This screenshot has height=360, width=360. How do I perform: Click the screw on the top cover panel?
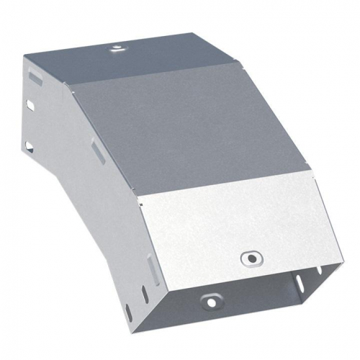pos(115,50)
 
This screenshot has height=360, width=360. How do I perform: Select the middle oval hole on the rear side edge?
pos(30,106)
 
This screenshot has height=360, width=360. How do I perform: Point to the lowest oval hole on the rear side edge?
pos(30,146)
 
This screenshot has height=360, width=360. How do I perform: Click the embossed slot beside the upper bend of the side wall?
pos(96,150)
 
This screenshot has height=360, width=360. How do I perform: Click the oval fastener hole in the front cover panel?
pos(250,256)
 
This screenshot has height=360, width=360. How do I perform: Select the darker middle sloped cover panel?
pos(180,130)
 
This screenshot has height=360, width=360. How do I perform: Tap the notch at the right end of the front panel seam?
pos(311,171)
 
